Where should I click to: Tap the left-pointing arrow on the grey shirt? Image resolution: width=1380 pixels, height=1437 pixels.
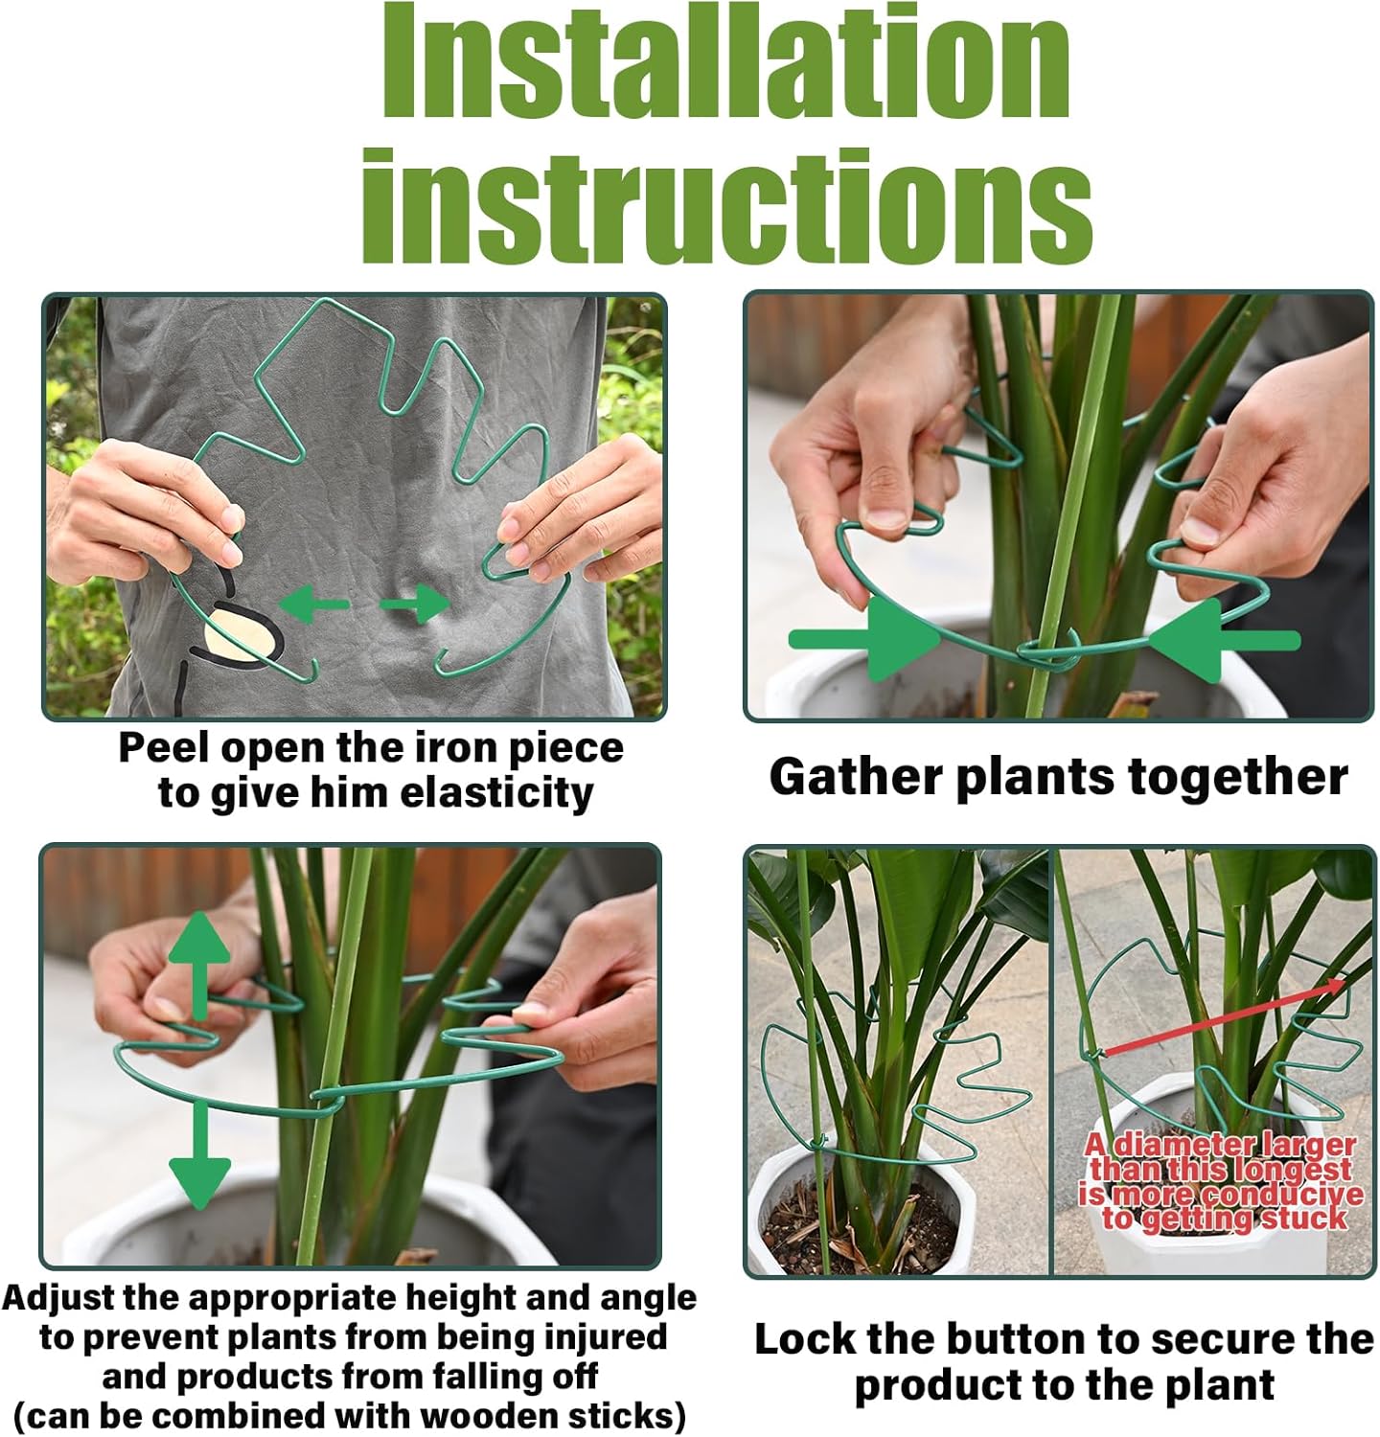313,604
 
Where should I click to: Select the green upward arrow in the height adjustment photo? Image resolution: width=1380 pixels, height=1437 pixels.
199,963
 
